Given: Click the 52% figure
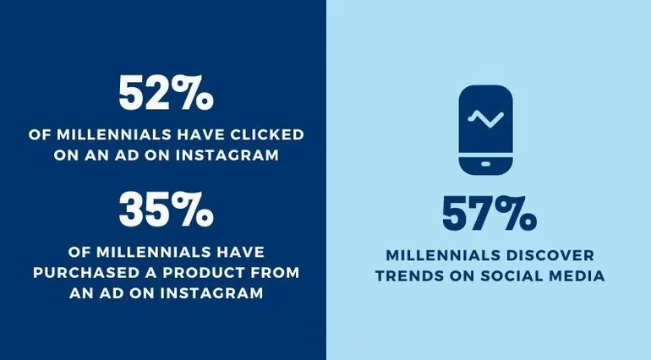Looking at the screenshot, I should point(164,93).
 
